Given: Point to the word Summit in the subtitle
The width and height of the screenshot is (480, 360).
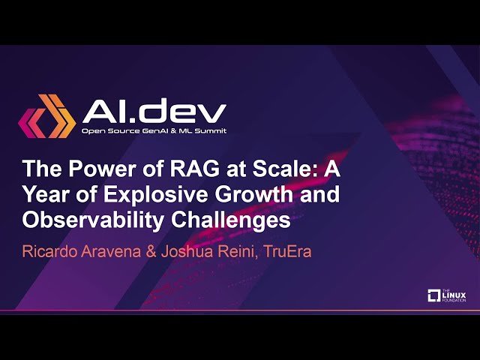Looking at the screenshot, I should (x=210, y=132).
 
